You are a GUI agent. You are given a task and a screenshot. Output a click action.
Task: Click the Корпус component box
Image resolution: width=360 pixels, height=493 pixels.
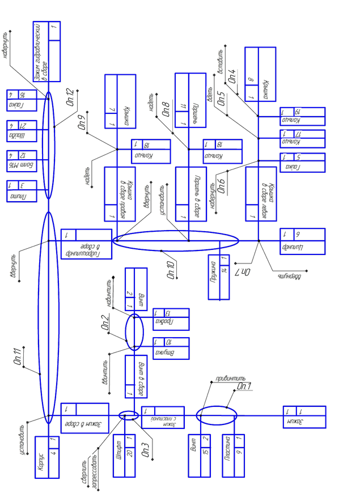[47, 457]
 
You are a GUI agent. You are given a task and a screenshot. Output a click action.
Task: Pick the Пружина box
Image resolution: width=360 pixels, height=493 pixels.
[217, 277]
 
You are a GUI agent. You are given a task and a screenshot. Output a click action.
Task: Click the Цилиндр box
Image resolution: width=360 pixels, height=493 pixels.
[302, 241]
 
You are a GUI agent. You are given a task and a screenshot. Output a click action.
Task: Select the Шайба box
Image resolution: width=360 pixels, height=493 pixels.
[22, 130]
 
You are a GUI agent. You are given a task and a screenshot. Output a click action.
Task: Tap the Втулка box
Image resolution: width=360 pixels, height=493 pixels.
[171, 348]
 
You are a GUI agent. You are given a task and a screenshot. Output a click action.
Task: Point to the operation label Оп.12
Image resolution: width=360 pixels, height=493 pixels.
[70, 97]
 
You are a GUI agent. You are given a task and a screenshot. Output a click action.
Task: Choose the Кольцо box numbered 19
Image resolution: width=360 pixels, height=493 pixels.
[302, 116]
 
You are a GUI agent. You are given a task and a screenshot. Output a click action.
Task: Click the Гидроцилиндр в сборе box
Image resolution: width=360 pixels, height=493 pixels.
[86, 243]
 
